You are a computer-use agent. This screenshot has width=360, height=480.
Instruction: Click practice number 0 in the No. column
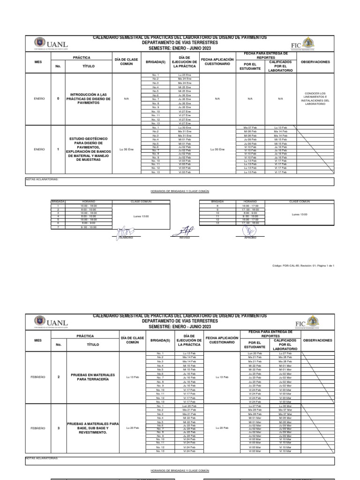coord(58,99)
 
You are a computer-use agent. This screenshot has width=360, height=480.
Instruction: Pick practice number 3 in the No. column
coord(59,428)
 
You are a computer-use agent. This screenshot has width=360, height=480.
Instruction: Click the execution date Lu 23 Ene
coord(184,75)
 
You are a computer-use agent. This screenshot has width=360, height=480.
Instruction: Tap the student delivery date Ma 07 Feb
coord(250,127)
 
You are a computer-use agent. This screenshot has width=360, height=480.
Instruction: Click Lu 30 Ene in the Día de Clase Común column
coord(126,149)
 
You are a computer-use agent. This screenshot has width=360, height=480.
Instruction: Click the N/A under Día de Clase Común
coord(126,99)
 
